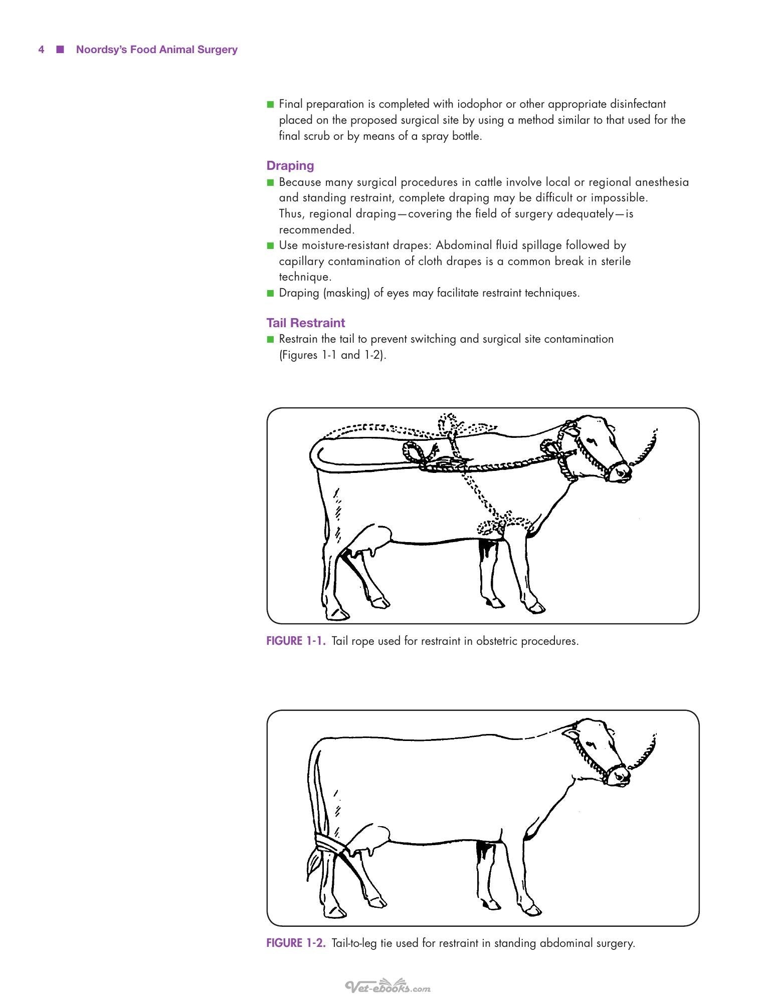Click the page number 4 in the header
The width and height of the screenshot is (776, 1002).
[x=41, y=50]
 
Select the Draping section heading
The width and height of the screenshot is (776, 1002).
[x=290, y=166]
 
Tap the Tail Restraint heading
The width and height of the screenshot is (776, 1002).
[x=306, y=323]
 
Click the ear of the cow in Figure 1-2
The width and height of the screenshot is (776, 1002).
[x=570, y=735]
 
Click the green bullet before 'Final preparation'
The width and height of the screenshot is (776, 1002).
[x=271, y=105]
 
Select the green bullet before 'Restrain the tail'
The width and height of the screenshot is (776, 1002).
[x=271, y=339]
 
